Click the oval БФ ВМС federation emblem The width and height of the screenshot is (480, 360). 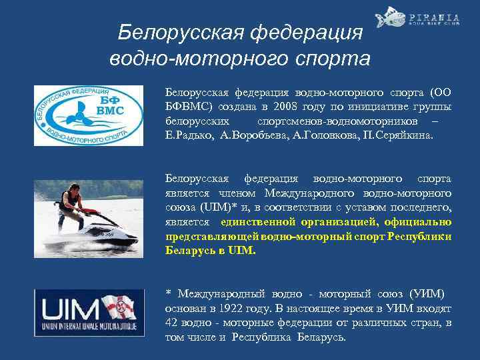[x=88, y=115]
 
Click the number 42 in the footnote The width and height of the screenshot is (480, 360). [x=172, y=323]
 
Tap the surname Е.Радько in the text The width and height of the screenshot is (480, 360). [x=188, y=136]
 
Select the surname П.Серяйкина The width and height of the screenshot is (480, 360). [x=397, y=136]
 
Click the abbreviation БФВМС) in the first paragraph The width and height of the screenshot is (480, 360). [x=189, y=107]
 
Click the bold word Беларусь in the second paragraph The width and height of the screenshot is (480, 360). [x=188, y=251]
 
